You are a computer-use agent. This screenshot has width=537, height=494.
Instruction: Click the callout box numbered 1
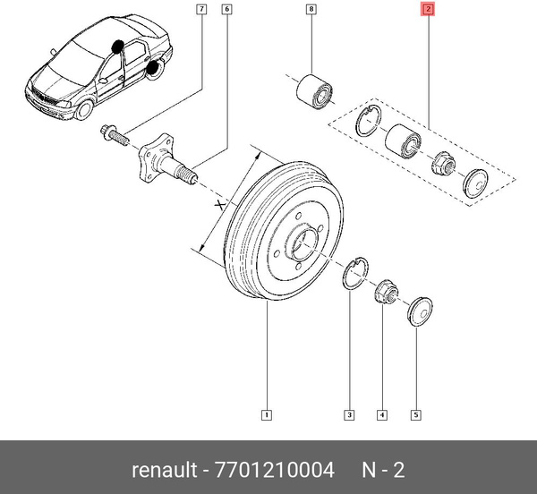tap(268, 413)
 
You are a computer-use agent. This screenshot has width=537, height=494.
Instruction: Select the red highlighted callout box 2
tap(428, 11)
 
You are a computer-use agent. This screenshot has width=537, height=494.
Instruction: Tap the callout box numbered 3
tap(349, 413)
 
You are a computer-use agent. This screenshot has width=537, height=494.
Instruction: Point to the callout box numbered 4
tap(382, 413)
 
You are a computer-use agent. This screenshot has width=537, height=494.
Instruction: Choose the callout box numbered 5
tap(415, 413)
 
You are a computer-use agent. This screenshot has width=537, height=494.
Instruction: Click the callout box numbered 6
tap(226, 11)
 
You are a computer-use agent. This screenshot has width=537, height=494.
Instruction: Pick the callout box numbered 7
tap(201, 11)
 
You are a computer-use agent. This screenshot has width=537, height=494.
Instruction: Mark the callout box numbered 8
tap(311, 11)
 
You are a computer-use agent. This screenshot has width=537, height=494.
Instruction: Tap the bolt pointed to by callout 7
tap(115, 133)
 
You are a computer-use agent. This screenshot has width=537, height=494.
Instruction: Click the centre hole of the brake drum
tap(303, 243)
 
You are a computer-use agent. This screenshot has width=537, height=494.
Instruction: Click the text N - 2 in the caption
tap(382, 470)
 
